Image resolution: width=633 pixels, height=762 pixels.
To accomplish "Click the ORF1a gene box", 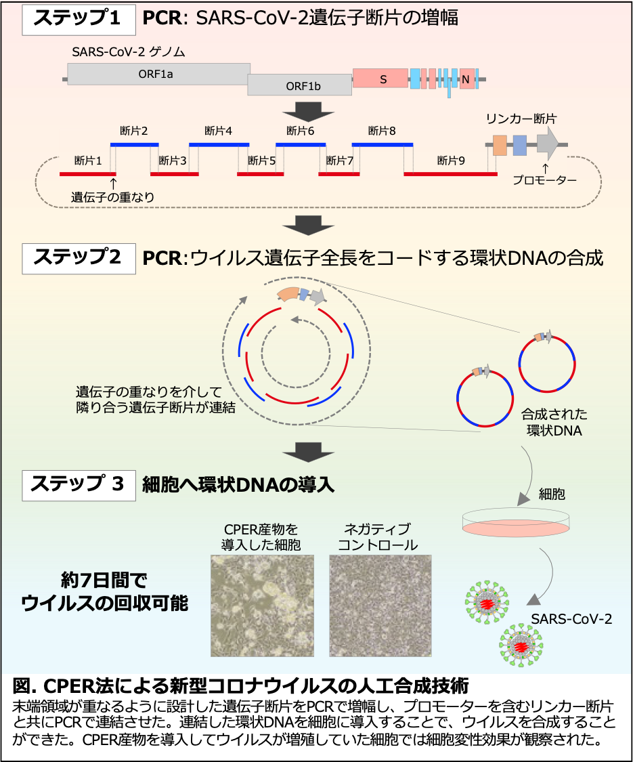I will [159, 74].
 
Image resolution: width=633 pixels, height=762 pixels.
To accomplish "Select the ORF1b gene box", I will [299, 85].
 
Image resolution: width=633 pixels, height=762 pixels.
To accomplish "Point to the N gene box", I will [466, 79].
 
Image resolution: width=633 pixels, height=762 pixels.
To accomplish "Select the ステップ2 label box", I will [78, 258].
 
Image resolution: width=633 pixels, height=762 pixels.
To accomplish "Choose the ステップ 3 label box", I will [78, 484].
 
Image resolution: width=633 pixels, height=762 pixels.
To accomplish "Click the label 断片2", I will [134, 131].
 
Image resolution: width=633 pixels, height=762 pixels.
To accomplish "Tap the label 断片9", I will [451, 161].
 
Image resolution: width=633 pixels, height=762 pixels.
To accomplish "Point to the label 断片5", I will [261, 161].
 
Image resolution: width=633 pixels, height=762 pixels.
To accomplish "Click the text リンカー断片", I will [521, 119].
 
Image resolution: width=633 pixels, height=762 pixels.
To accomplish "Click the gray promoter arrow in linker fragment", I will [547, 143].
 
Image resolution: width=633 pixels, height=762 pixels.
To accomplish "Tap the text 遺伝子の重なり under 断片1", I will [113, 197].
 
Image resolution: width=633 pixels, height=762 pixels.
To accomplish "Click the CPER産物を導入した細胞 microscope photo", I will [262, 606].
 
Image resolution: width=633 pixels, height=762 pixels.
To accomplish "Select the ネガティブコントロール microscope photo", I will [380, 606].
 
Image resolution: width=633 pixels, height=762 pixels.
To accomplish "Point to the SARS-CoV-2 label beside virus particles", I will [571, 619].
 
